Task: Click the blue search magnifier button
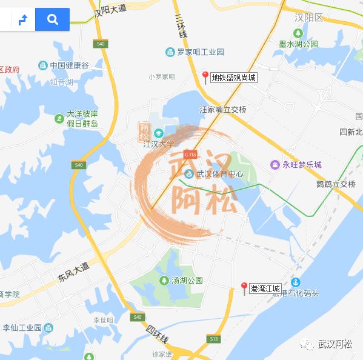[x=52, y=19]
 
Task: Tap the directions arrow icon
[x=23, y=20]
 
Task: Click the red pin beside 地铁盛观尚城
[x=205, y=77]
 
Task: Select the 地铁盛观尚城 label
[x=234, y=78]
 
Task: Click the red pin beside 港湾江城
[x=244, y=288]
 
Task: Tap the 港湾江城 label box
[x=265, y=289]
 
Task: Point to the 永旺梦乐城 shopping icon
[x=275, y=164]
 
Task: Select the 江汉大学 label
[x=158, y=144]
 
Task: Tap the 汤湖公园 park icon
[x=164, y=281]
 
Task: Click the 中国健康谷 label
[x=69, y=65]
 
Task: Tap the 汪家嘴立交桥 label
[x=223, y=110]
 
